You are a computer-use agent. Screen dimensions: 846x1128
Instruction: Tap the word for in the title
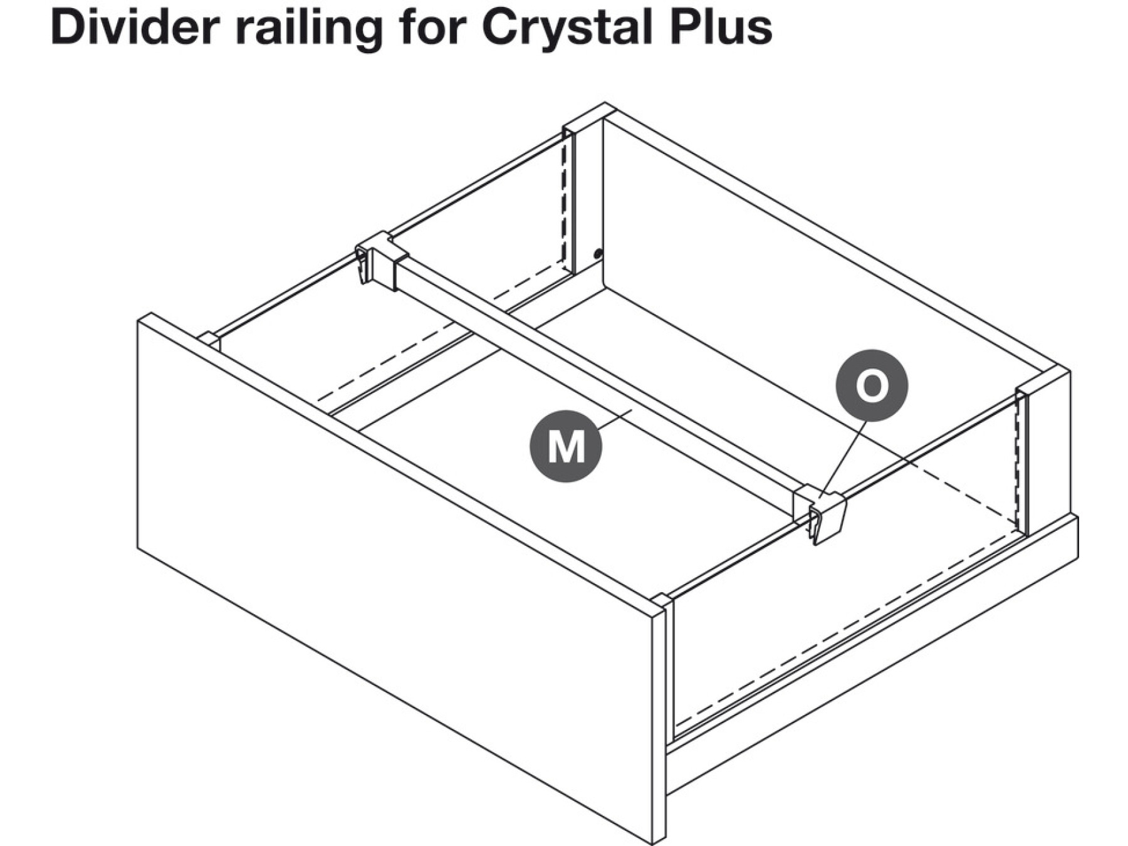coord(432,28)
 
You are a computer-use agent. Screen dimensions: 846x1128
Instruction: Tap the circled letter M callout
coord(566,446)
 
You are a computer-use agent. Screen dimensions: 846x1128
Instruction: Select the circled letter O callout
coord(871,385)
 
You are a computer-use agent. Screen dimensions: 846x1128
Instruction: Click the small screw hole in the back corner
coord(597,254)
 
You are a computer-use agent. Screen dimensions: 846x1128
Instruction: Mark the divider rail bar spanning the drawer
coord(595,376)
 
